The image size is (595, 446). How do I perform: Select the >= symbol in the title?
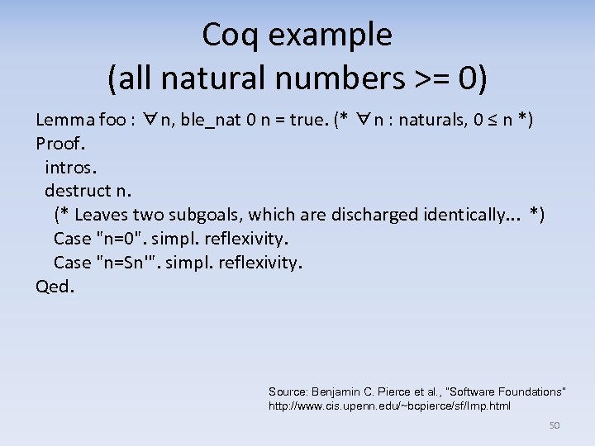(429, 78)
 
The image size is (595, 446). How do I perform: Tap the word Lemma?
(64, 120)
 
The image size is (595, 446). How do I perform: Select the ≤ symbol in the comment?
(493, 120)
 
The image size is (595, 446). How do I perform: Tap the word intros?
(71, 168)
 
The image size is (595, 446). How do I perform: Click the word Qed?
(55, 287)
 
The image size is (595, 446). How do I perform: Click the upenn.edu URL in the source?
(388, 406)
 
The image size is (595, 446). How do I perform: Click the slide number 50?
(555, 425)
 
